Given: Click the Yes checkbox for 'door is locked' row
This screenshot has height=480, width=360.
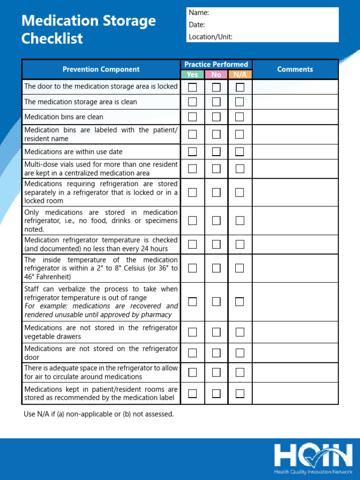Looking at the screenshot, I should click(193, 87).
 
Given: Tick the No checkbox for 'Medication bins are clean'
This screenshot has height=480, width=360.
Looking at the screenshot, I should click(216, 117).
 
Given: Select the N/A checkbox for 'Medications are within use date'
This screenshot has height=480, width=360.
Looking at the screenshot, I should click(240, 151).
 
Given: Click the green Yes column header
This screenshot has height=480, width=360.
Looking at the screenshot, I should click(192, 75).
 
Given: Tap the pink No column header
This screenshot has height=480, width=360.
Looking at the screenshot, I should click(216, 75).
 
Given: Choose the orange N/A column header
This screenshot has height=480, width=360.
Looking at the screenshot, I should click(240, 75).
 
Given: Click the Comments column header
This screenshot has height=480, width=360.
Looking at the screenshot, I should click(295, 69).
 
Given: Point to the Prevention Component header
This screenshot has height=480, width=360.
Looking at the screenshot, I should click(101, 69).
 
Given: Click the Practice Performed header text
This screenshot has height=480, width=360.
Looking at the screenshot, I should click(216, 64).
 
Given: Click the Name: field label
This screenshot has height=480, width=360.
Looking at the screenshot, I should click(199, 13).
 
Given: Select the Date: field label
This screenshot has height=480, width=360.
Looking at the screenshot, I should click(197, 25).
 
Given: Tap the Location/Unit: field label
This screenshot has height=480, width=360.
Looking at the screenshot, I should click(210, 37).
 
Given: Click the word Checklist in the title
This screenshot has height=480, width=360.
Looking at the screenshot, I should click(52, 38).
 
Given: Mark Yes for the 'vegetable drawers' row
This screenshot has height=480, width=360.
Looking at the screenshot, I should click(193, 332).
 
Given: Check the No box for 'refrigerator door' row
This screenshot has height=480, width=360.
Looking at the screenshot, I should click(216, 352).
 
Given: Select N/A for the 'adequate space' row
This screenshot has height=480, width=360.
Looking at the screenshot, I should click(240, 372).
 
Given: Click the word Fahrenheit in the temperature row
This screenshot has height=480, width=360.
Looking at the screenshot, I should click(51, 277).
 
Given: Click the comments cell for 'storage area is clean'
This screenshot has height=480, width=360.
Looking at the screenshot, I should click(295, 102).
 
